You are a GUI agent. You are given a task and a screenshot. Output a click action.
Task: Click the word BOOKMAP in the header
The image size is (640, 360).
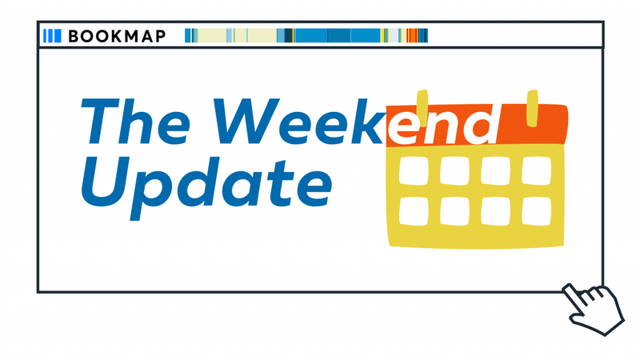point(117,36)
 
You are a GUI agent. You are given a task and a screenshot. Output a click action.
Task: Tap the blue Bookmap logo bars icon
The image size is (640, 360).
point(52,36)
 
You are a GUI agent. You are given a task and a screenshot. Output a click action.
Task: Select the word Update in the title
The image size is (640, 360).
point(206,180)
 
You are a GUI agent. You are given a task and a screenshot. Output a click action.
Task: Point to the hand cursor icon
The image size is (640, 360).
point(597,308)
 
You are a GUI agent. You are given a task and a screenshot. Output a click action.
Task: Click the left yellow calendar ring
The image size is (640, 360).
point(422,108)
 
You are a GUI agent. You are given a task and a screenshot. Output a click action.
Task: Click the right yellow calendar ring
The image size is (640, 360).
point(532,108)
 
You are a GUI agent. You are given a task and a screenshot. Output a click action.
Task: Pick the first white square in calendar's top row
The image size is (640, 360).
point(413,170)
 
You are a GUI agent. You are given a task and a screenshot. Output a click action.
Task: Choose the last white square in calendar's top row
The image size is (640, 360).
point(537,170)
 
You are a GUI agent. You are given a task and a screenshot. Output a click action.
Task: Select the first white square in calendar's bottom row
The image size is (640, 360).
point(413,210)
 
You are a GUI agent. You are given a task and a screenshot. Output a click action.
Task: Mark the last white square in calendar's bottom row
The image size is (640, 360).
point(537,210)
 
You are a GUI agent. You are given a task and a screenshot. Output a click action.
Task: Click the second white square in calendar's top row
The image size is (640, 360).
point(454,170)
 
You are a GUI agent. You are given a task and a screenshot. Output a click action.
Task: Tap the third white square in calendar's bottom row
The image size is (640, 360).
point(495,210)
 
